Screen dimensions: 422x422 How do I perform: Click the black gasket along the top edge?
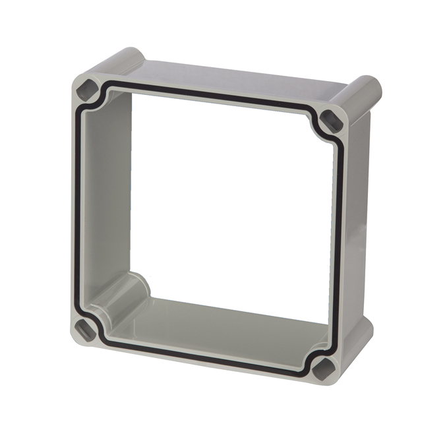pyautogui.click(x=211, y=96)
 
